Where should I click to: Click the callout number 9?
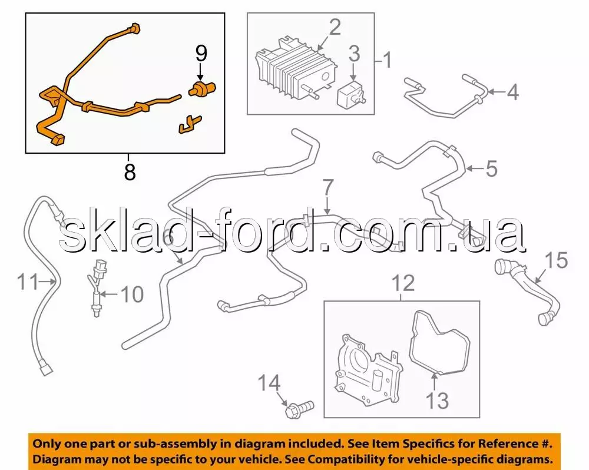tap(201, 54)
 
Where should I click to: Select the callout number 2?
tap(335, 28)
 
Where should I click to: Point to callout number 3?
tap(354, 54)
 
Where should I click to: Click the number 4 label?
tap(513, 92)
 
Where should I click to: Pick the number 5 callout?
tap(491, 168)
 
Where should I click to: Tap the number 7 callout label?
tap(328, 187)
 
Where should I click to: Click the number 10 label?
tap(132, 294)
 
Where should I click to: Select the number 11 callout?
tap(28, 282)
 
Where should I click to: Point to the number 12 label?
tap(403, 283)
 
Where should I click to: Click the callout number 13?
tap(438, 401)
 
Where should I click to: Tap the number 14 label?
tap(269, 383)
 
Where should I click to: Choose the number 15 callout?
tap(557, 260)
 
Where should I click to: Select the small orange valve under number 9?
tap(201, 89)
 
